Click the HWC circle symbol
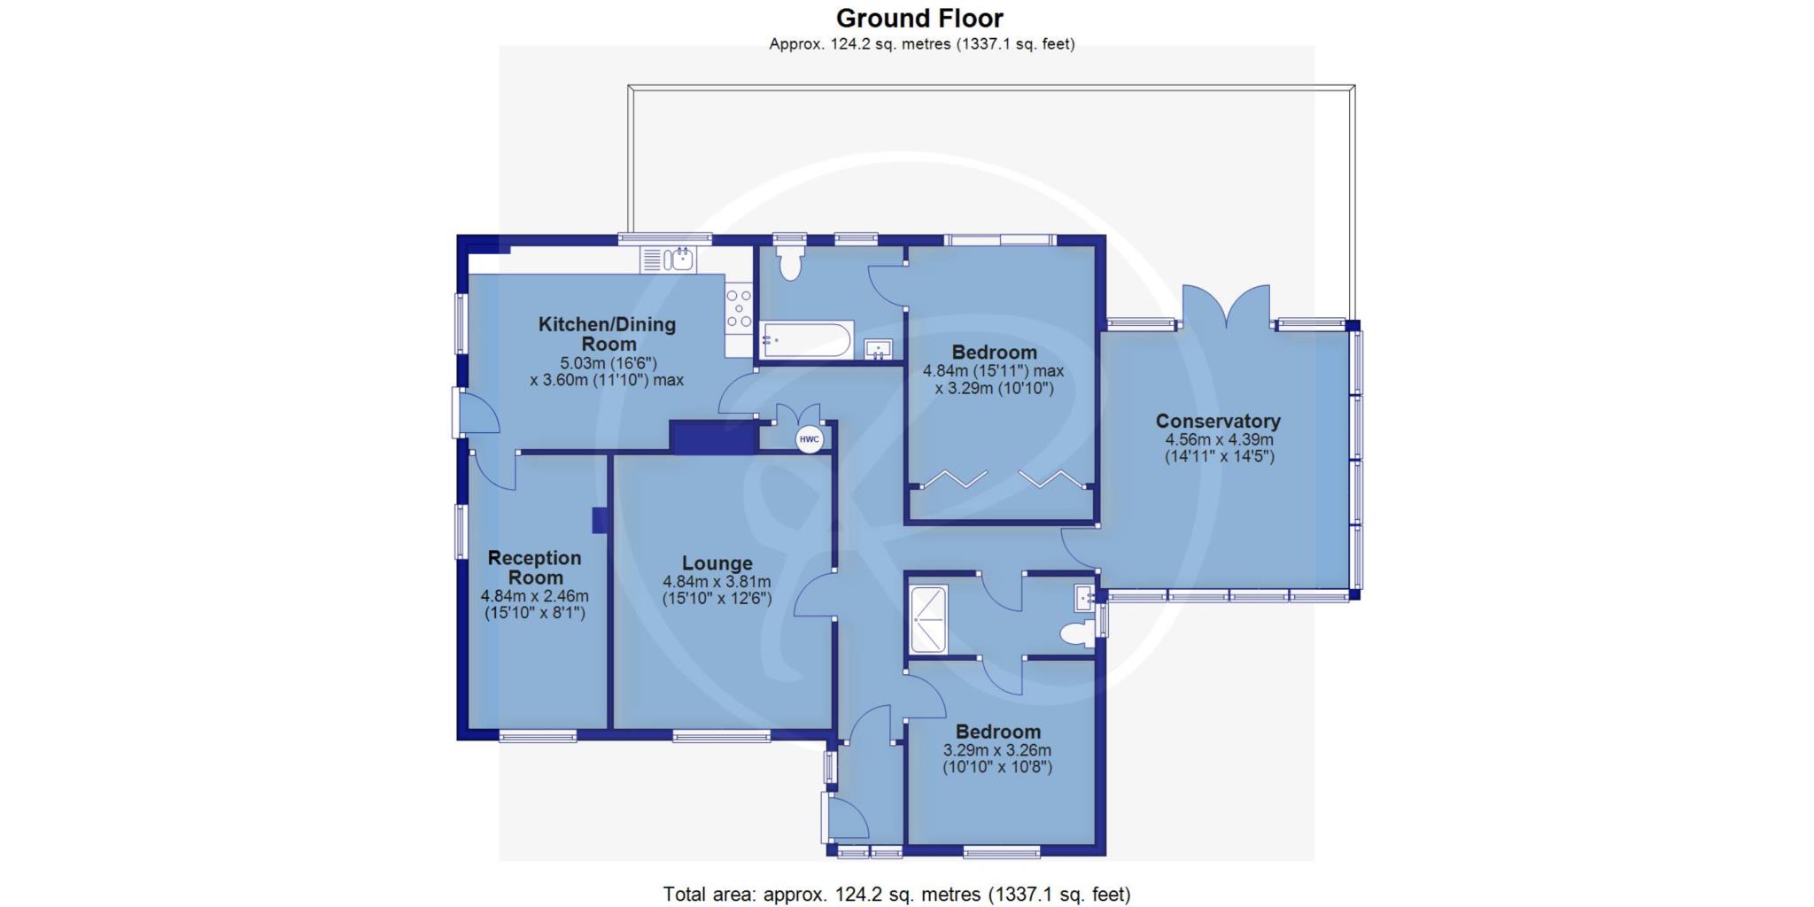pos(809,439)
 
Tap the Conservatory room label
pos(1218,421)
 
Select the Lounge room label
pos(717,562)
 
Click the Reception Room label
pos(535,567)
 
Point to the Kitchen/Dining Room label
pos(608,334)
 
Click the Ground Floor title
pos(920,18)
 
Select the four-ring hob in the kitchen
pos(739,308)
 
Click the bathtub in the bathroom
pos(806,339)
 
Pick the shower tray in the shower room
pos(928,619)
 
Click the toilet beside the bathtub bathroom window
pos(788,261)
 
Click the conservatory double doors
pos(1227,306)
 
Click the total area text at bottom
pos(896,895)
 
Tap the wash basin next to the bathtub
pos(879,349)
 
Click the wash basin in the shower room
pos(1085,598)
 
